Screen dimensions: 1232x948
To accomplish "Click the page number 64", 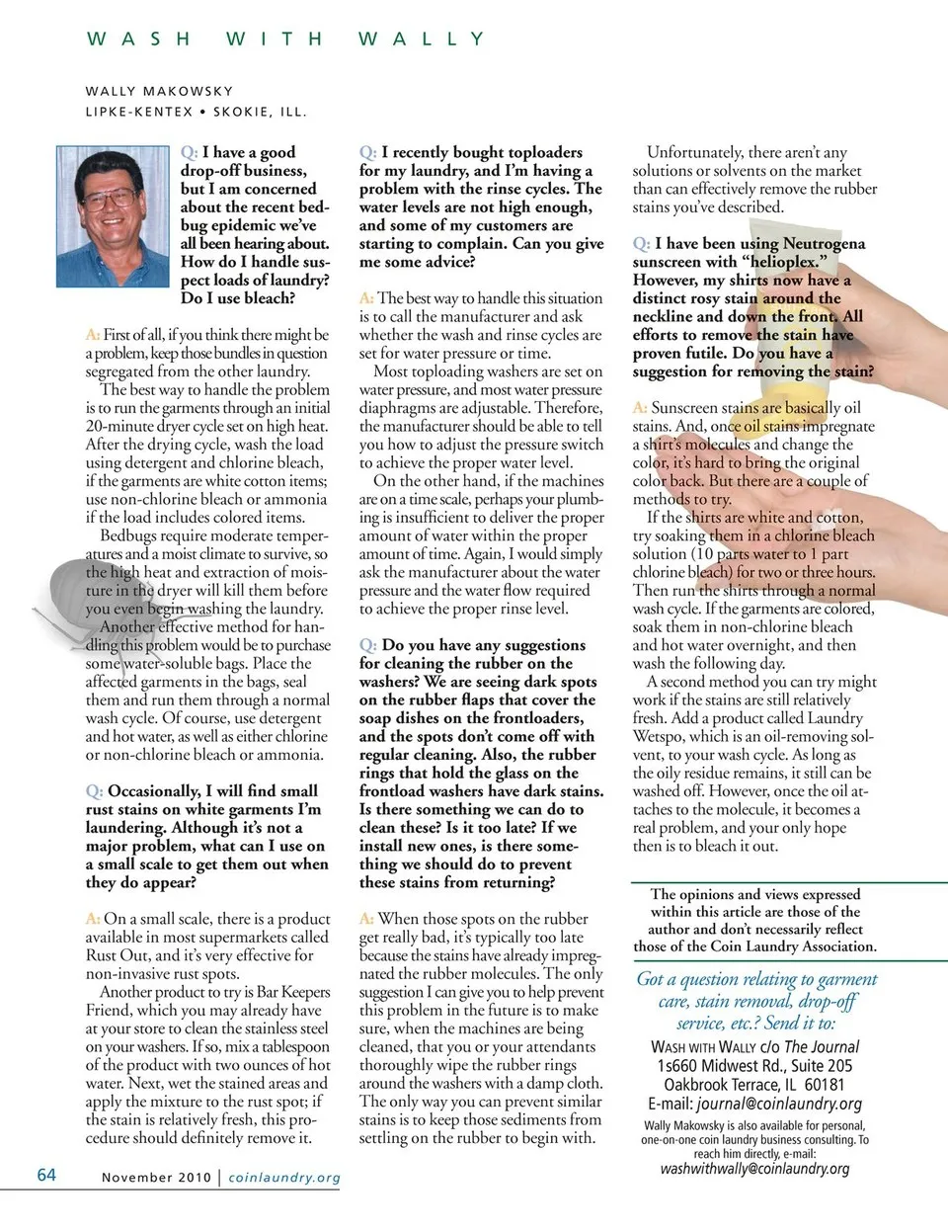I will click(46, 1175).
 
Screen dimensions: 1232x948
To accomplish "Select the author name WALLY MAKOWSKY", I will click(159, 91).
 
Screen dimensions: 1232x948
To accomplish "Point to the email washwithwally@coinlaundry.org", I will click(754, 1169).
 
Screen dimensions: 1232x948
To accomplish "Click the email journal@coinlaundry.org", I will click(778, 1104).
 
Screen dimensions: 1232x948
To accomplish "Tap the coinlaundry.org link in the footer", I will click(284, 1178).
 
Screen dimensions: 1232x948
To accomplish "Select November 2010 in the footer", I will click(156, 1178).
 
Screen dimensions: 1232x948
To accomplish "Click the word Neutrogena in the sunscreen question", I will click(818, 243).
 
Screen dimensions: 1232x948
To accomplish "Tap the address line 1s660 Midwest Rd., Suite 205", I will click(754, 1065).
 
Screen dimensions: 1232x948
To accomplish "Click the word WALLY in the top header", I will click(421, 40).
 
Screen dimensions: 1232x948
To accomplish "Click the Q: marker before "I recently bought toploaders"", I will click(367, 152).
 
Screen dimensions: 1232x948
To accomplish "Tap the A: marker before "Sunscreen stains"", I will click(640, 408).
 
